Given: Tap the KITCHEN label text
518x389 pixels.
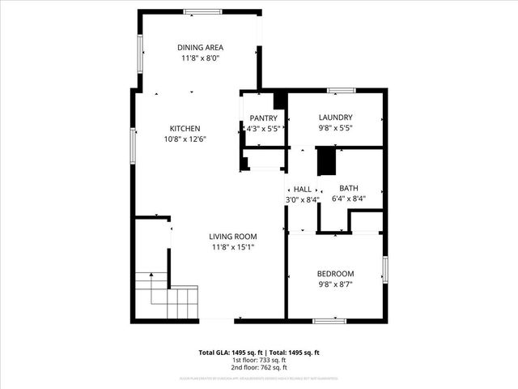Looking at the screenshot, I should click(x=185, y=128).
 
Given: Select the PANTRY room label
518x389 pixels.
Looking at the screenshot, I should click(x=263, y=118).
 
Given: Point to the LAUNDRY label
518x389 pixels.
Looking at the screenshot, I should click(x=335, y=118).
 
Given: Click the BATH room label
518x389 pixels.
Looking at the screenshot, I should click(x=348, y=188).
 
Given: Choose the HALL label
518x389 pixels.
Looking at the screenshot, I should click(x=303, y=189).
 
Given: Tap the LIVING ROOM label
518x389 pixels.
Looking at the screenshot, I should click(x=233, y=237).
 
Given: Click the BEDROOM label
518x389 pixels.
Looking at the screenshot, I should click(x=335, y=274).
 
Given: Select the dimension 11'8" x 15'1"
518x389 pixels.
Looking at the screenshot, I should click(x=233, y=247).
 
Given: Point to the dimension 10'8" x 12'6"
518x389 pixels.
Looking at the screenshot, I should click(x=185, y=139).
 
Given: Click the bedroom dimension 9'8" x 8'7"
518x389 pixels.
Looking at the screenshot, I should click(x=335, y=284).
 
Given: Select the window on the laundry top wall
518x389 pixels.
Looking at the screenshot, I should click(x=340, y=90).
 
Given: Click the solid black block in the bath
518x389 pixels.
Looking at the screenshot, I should click(x=326, y=161).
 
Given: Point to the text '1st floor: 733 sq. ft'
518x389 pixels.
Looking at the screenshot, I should click(x=259, y=360).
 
